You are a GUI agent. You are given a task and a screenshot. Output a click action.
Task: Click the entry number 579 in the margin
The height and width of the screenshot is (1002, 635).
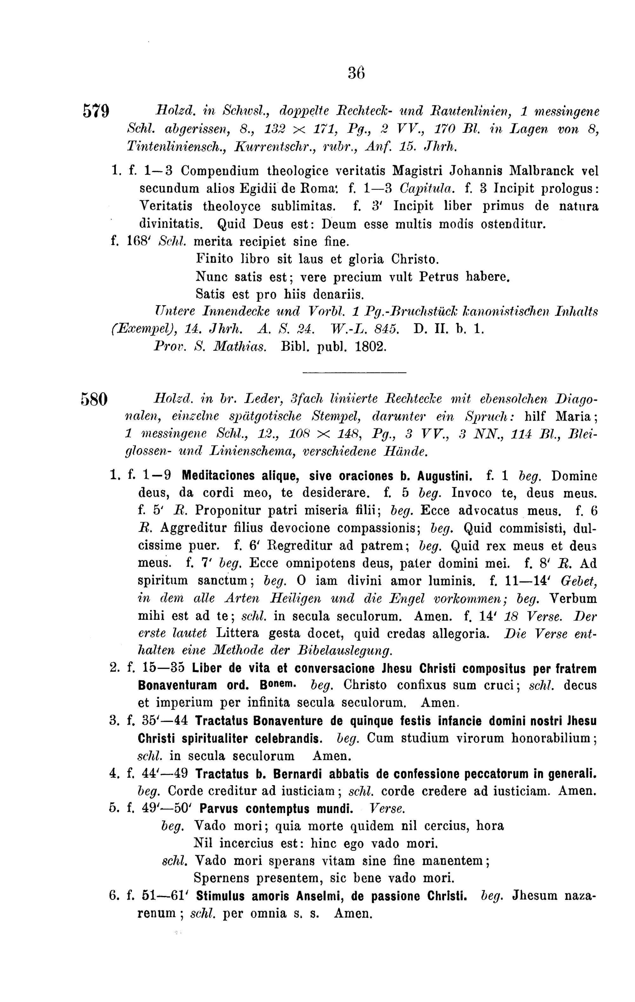point(96,111)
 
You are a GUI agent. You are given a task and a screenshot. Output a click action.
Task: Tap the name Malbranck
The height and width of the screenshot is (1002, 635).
point(540,171)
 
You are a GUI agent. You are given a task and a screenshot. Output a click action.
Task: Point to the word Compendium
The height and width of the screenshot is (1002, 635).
point(220,171)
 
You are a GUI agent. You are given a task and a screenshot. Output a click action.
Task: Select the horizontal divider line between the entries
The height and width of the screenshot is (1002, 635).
point(353,372)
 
